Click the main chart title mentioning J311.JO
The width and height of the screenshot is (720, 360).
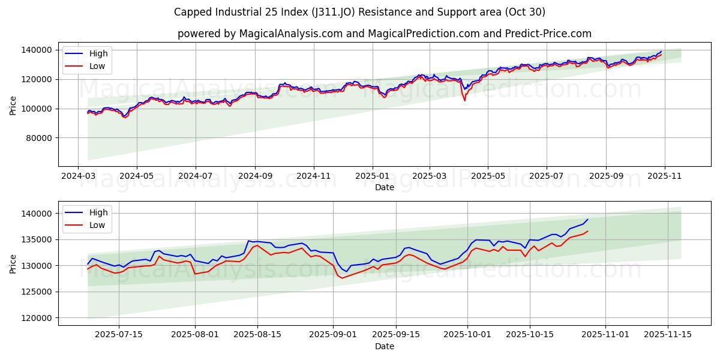359,12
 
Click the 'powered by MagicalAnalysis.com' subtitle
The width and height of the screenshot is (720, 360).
384,34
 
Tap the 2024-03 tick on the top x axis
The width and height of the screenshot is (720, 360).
78,176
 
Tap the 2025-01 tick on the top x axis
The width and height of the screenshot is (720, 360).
373,176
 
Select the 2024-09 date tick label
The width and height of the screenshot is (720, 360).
255,176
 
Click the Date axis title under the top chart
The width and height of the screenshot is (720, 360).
384,187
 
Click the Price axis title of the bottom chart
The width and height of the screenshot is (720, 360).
13,263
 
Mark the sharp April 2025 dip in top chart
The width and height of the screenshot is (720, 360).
464,100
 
